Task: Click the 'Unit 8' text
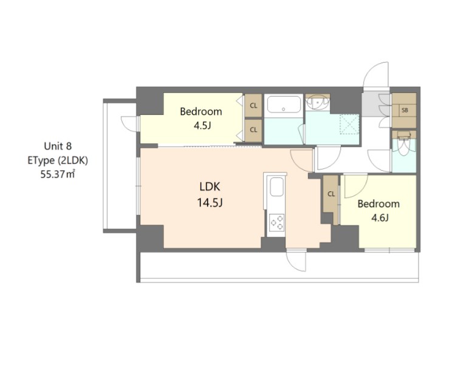58,146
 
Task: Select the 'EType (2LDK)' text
58,160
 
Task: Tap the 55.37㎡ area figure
58,174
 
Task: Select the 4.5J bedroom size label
200,126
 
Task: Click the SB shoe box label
404,110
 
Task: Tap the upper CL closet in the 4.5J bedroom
253,106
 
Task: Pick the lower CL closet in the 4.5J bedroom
253,129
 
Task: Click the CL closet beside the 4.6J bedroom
331,194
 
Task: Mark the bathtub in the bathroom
284,106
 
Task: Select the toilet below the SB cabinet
404,143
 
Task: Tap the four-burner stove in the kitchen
276,222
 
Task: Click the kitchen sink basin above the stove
275,188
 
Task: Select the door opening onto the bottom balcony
297,261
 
